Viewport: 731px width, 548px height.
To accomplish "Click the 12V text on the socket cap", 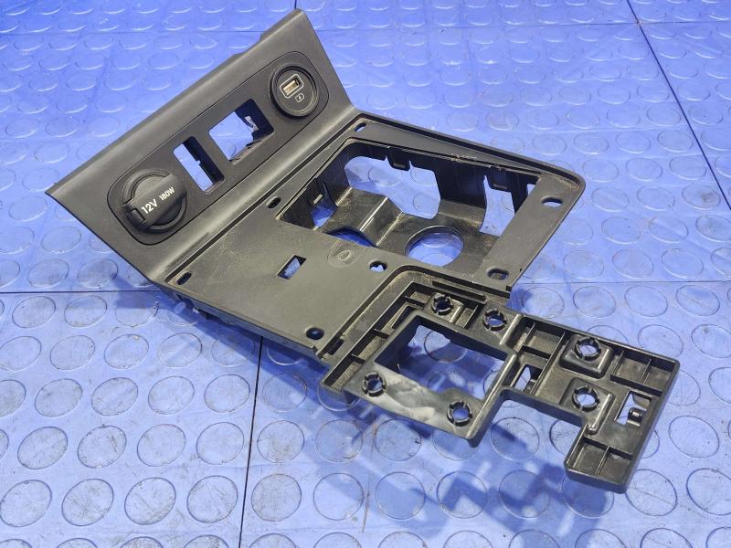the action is click(x=149, y=206).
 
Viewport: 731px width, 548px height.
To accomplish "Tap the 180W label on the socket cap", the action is click(x=166, y=193).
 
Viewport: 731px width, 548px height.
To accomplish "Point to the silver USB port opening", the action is click(x=288, y=86).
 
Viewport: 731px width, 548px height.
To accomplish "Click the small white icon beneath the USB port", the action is click(x=299, y=98).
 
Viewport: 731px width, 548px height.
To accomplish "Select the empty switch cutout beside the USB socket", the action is click(x=241, y=131).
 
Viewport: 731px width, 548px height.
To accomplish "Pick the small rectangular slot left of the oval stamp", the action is click(x=291, y=268).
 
